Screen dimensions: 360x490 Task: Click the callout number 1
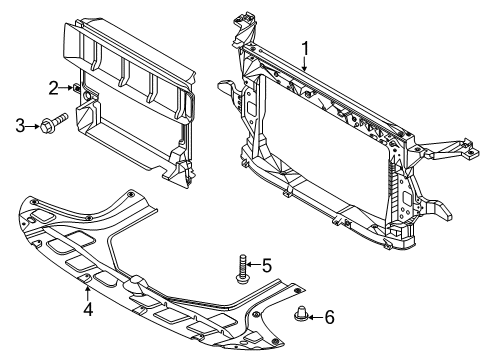307,47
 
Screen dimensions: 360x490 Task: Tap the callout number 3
19,124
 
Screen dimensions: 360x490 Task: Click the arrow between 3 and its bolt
33,124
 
